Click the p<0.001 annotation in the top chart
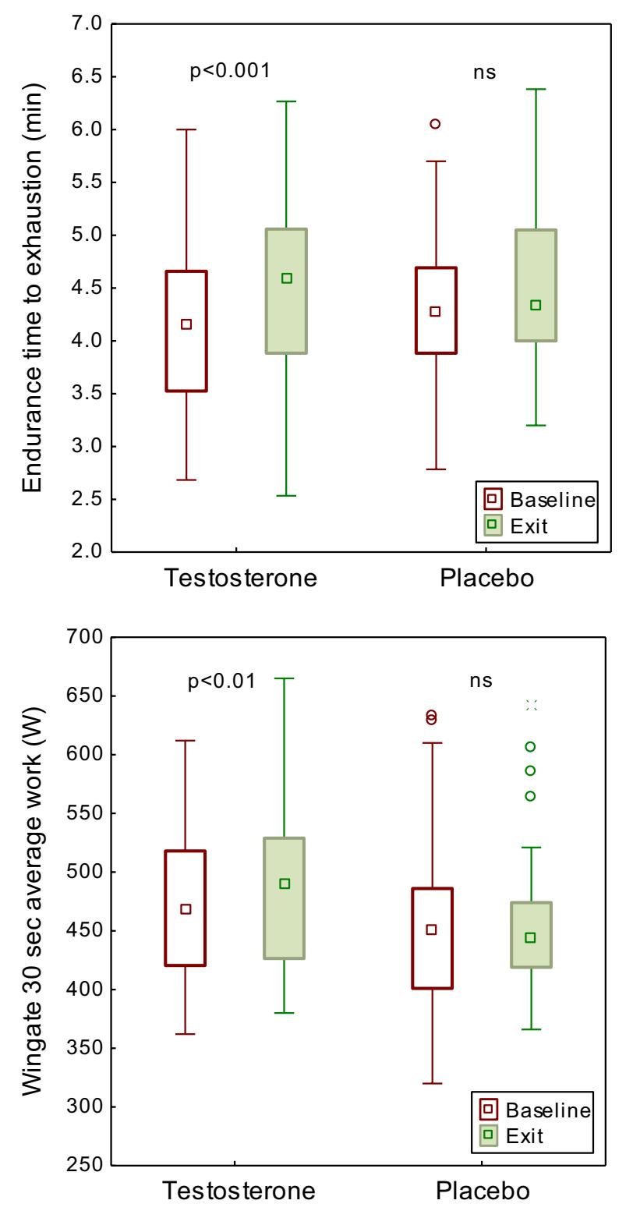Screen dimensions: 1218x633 pos(230,72)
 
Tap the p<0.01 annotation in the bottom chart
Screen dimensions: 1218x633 pos(221,681)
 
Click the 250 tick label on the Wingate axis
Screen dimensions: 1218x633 pos(83,1166)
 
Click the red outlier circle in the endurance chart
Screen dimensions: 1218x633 pos(435,124)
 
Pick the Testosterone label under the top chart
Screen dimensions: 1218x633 pos(239,579)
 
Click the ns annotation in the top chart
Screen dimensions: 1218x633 pos(484,72)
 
